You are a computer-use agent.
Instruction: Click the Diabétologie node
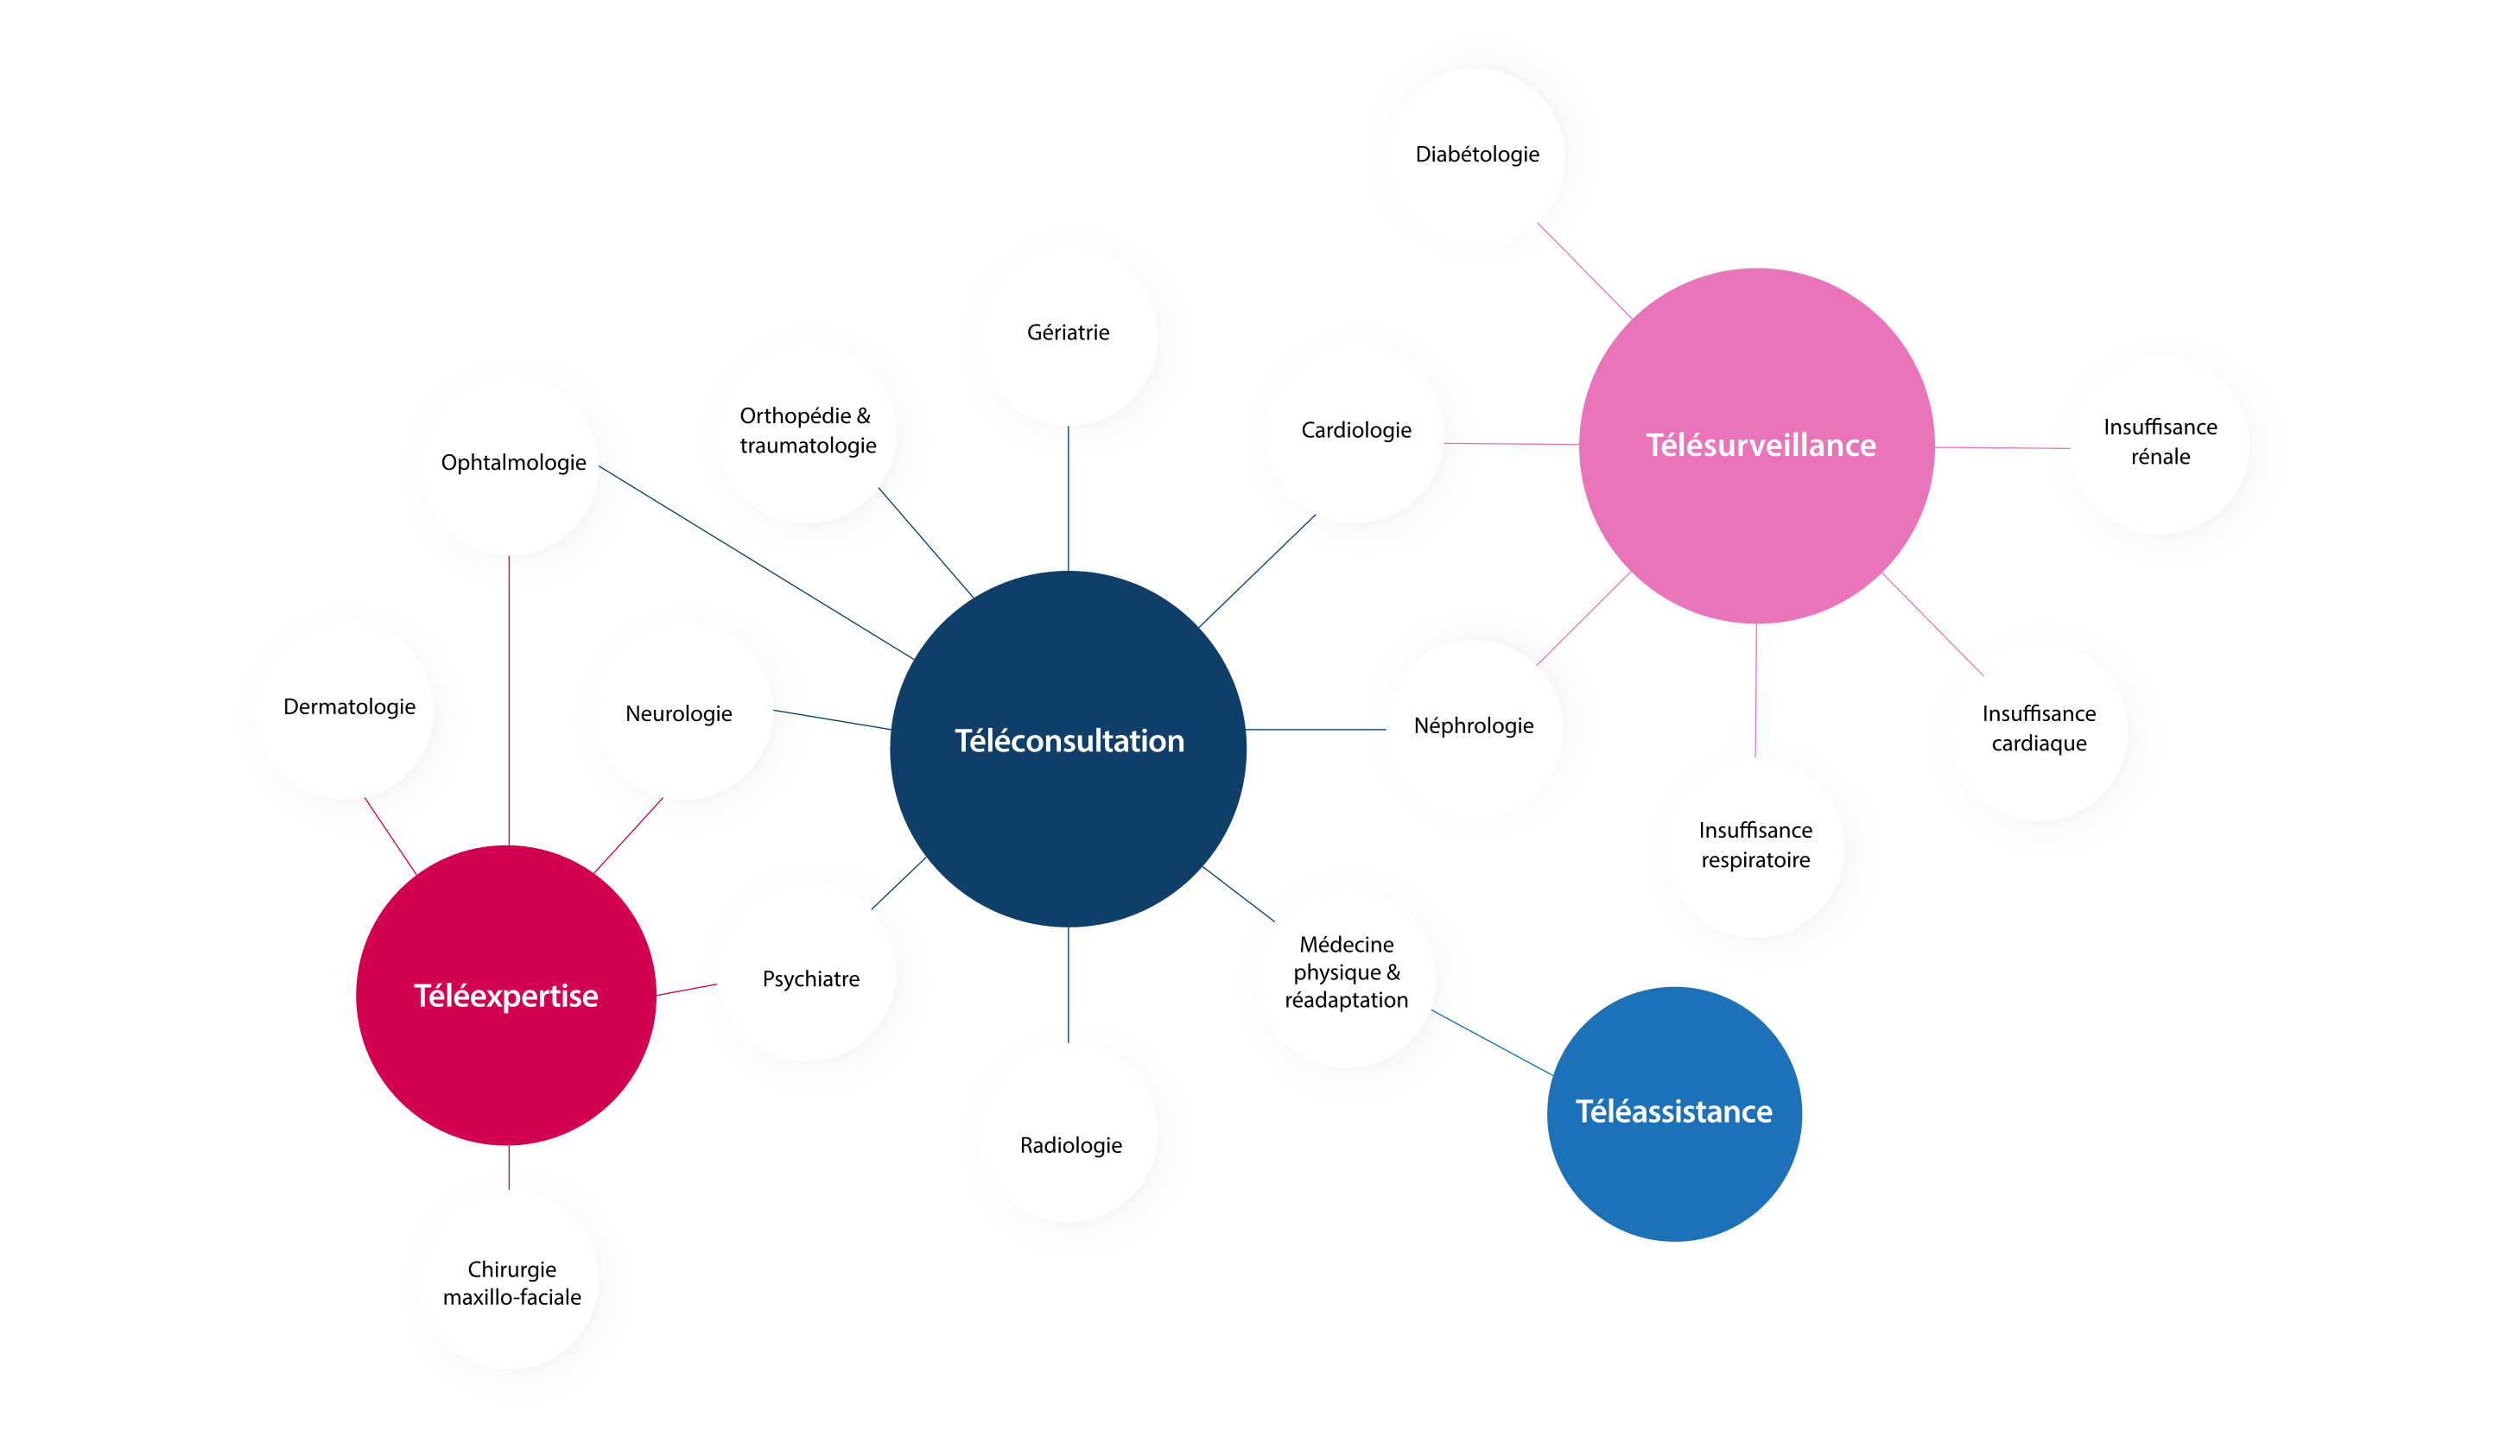click(1476, 154)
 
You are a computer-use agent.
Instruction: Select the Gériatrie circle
click(1068, 333)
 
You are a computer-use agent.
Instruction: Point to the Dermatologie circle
click(348, 707)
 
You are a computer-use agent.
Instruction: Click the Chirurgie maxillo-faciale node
click(511, 1282)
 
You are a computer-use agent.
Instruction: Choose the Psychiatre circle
click(810, 979)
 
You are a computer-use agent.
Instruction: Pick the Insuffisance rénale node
click(2160, 442)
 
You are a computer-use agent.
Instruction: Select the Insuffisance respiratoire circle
click(1754, 845)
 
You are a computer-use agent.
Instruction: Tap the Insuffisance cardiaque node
click(2038, 728)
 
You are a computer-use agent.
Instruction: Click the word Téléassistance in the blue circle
click(1673, 1111)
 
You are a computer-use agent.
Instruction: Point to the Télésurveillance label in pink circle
click(1760, 445)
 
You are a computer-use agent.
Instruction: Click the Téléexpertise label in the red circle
click(505, 996)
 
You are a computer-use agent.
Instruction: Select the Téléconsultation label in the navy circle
click(1069, 741)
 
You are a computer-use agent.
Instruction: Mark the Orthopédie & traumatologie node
click(808, 431)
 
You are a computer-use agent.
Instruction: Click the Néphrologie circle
click(1473, 726)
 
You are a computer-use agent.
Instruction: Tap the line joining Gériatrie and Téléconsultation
click(1068, 498)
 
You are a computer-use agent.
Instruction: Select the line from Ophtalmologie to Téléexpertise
click(508, 700)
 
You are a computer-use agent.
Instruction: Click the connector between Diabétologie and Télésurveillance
click(1584, 270)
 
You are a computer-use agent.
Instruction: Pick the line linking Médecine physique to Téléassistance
click(1490, 1042)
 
